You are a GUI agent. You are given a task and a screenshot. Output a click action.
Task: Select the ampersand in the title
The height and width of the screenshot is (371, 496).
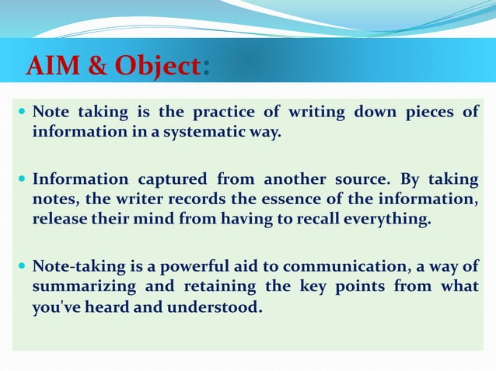[x=98, y=67]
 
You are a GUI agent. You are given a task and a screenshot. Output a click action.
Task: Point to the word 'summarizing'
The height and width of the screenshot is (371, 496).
[x=82, y=287]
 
